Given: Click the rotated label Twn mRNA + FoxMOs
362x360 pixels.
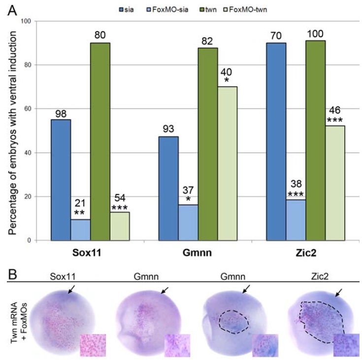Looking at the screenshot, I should click(x=11, y=322).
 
